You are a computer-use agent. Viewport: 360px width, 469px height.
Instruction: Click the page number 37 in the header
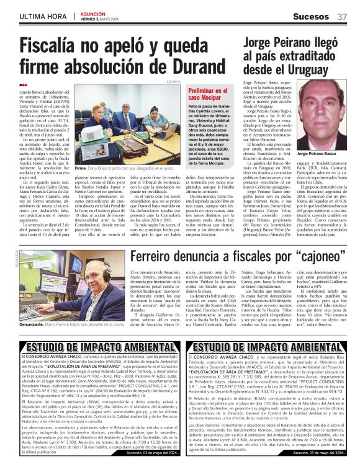(342, 16)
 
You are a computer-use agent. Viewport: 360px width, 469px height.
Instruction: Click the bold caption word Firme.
(81, 168)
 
